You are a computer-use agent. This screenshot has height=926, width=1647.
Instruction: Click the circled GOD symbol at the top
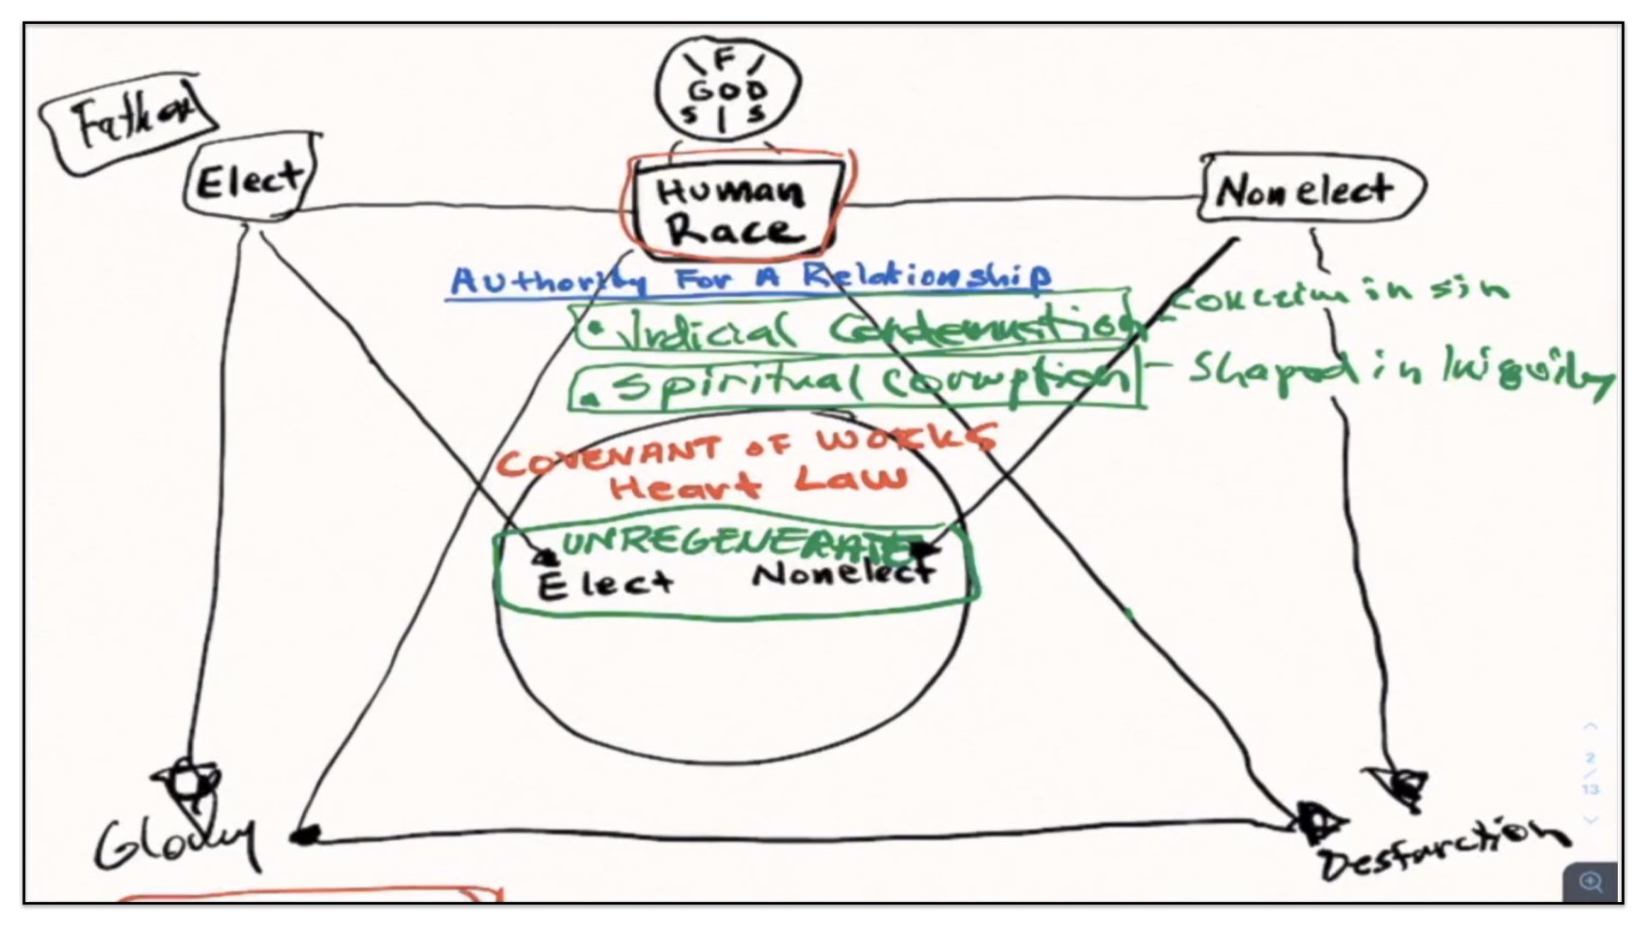pyautogui.click(x=727, y=88)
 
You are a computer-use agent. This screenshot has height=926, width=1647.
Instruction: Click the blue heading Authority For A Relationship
pyautogui.click(x=749, y=278)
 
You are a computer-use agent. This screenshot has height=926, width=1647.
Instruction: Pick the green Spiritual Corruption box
pyautogui.click(x=854, y=385)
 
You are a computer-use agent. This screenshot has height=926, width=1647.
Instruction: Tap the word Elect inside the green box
pyautogui.click(x=604, y=585)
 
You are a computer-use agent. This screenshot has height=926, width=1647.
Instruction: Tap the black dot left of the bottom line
pyautogui.click(x=305, y=834)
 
